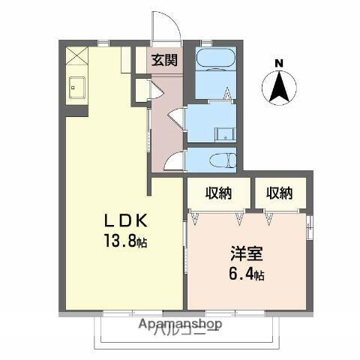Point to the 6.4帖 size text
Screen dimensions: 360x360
(x=244, y=275)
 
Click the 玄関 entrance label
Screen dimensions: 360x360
(x=164, y=60)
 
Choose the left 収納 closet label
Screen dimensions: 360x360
(x=218, y=193)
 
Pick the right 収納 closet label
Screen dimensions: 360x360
(x=279, y=193)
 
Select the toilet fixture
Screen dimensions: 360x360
(x=219, y=160)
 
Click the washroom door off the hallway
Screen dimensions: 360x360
(x=175, y=118)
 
